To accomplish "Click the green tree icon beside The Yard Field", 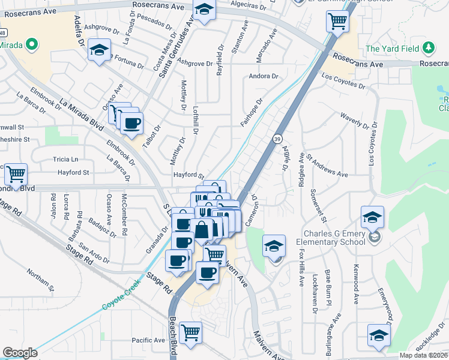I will pyautogui.click(x=428, y=48).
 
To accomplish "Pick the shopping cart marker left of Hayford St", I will pyautogui.click(x=16, y=174).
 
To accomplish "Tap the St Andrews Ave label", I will pyautogui.click(x=327, y=166).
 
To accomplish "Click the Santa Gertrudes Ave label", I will pyautogui.click(x=177, y=45).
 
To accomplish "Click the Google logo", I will pyautogui.click(x=20, y=353).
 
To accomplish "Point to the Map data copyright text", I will pyautogui.click(x=423, y=355).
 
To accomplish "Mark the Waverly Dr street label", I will pyautogui.click(x=353, y=120).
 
